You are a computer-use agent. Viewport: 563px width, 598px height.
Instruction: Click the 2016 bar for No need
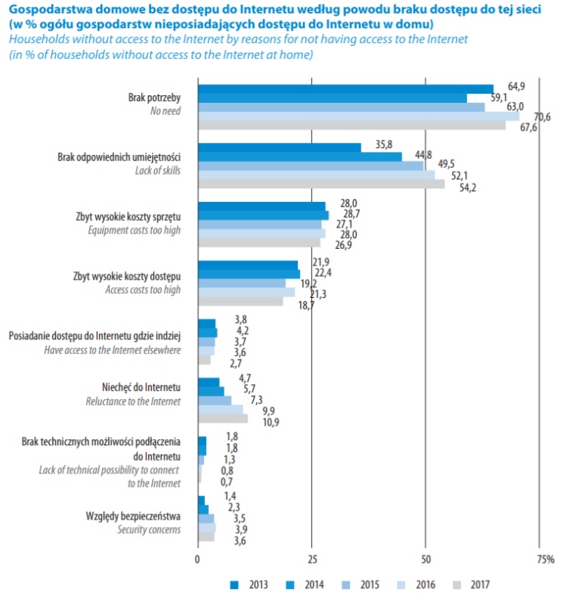pos(358,116)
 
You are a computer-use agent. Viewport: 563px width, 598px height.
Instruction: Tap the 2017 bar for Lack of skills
pos(320,184)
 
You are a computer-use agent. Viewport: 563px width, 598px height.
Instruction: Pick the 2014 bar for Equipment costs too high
pos(263,215)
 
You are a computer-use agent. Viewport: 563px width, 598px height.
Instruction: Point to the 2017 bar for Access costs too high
pos(240,301)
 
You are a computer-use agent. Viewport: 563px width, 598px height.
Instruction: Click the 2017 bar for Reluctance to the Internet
pos(222,418)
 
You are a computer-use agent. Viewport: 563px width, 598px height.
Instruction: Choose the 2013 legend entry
pos(249,584)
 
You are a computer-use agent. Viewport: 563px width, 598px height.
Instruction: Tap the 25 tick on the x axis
pos(311,560)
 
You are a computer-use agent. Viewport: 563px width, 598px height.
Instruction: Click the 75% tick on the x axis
pos(544,560)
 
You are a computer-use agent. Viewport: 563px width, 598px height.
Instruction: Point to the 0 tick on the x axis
pos(197,560)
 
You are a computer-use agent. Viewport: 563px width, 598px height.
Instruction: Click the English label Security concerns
pos(149,530)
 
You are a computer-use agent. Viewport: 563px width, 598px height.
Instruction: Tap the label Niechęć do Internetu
pos(145,387)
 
